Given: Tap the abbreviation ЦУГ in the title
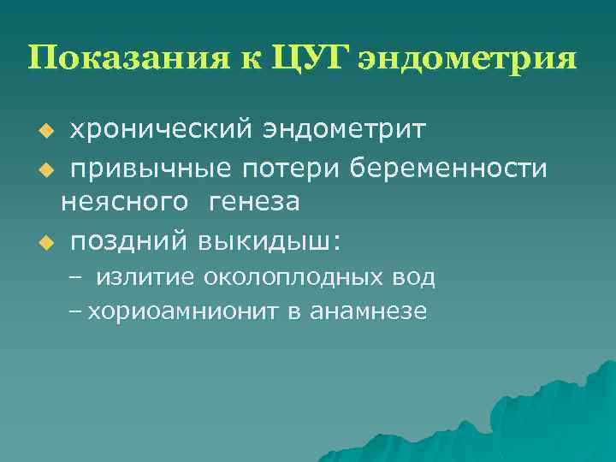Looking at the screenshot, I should [305, 59].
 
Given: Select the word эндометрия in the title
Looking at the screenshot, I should [465, 59].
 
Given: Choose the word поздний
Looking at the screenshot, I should [127, 240].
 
